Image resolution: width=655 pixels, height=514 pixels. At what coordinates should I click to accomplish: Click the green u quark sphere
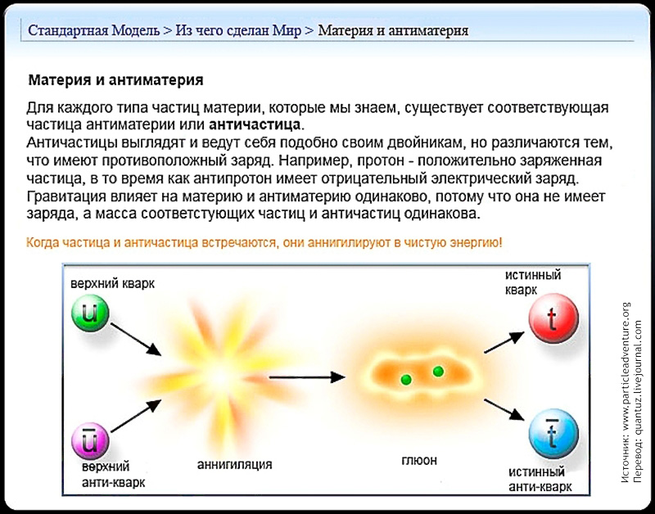[90, 313]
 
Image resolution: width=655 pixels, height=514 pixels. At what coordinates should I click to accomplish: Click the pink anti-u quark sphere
[90, 441]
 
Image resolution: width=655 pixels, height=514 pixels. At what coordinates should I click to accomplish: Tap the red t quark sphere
[553, 318]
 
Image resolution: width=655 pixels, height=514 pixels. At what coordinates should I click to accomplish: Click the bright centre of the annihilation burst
[220, 378]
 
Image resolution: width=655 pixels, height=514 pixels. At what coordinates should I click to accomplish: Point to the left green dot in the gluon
[406, 380]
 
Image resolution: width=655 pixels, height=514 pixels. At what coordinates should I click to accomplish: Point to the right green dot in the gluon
[438, 372]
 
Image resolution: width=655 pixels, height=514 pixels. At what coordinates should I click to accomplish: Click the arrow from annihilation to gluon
[307, 377]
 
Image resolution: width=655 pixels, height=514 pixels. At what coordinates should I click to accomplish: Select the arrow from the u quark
[136, 339]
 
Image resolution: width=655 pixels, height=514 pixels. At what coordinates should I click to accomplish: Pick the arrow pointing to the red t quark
[504, 342]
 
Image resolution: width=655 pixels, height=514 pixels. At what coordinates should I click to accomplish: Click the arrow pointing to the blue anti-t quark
[504, 410]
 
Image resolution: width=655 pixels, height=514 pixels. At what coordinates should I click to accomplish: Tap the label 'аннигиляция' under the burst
[234, 464]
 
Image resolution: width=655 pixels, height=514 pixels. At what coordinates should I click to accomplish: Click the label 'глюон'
[419, 460]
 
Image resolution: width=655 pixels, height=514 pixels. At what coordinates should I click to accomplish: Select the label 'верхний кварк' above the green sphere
[112, 283]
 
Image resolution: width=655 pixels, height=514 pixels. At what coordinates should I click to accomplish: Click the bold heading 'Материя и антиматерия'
[115, 80]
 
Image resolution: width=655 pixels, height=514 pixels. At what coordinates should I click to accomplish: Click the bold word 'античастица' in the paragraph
[255, 125]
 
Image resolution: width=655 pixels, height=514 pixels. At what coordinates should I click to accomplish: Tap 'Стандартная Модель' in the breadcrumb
[93, 30]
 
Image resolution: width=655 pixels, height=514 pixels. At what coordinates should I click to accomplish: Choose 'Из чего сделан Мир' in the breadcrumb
[238, 30]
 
